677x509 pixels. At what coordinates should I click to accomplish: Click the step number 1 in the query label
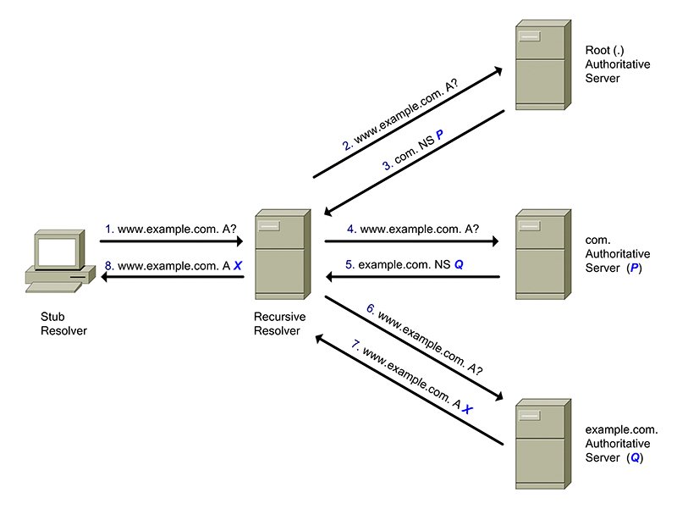108,229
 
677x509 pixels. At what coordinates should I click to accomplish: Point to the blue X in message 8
238,266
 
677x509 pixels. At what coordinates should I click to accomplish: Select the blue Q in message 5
459,265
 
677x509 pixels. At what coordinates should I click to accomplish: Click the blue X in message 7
467,408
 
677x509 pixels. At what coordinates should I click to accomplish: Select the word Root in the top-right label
598,49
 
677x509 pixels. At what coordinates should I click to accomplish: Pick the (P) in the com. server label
634,268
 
